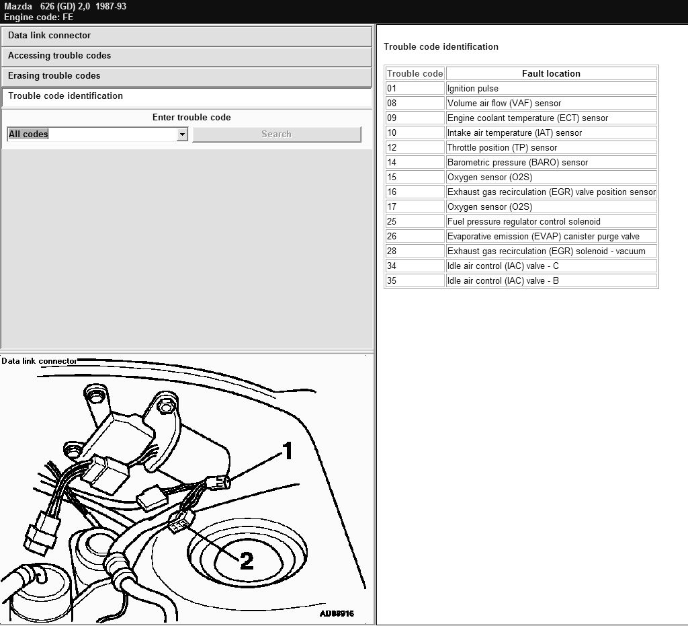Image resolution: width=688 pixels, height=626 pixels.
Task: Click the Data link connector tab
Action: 187,36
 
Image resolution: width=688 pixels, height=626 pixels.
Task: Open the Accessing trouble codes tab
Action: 187,56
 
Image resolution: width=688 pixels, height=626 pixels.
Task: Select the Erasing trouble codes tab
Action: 187,77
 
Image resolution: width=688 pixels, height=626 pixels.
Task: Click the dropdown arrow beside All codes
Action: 182,134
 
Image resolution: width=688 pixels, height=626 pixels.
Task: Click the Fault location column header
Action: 551,74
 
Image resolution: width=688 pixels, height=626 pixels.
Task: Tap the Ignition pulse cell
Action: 551,88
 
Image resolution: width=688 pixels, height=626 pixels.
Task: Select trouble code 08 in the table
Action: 415,103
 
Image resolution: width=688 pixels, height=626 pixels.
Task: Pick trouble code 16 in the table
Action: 415,192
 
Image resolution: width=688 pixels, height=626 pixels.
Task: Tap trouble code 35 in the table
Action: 415,280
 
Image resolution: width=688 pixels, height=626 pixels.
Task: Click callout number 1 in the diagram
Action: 288,451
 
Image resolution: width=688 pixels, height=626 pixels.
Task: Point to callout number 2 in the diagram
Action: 247,561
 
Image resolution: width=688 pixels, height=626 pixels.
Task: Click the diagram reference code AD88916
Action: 337,613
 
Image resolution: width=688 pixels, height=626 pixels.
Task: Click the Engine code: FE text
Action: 38,17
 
